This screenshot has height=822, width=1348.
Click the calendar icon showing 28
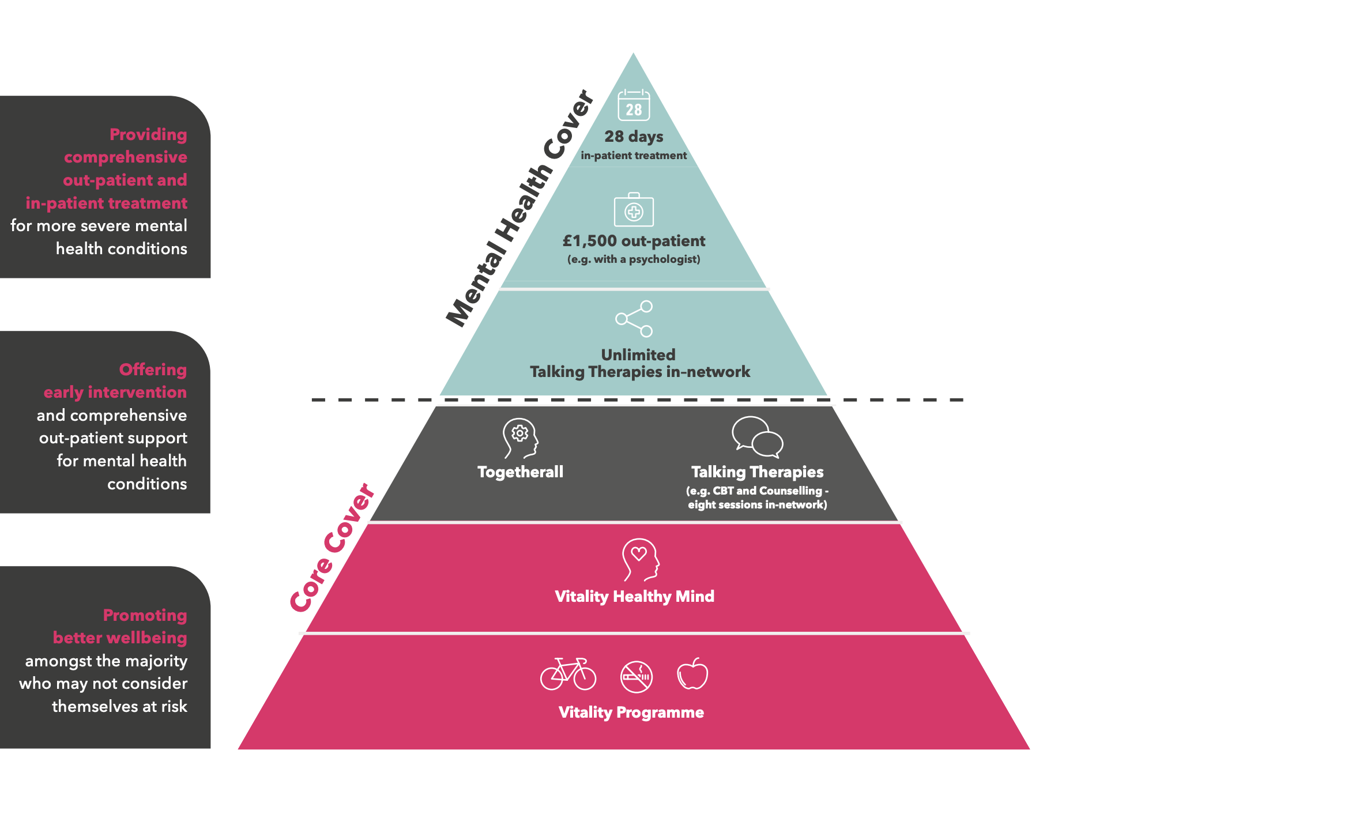tap(634, 105)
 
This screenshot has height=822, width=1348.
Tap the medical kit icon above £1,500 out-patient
tap(634, 210)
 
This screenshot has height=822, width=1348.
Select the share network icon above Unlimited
tap(634, 318)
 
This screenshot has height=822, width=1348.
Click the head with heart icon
tap(639, 559)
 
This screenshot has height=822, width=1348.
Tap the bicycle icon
tap(568, 674)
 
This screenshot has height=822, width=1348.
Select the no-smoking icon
tap(637, 677)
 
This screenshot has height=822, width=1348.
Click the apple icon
tap(692, 674)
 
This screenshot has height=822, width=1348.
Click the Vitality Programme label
tap(631, 712)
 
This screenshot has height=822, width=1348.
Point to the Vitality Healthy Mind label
tap(634, 596)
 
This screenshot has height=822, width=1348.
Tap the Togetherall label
tap(520, 472)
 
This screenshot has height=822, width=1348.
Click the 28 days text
tap(634, 137)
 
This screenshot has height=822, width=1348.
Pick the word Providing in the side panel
tap(148, 134)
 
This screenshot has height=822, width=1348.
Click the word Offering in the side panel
tap(153, 369)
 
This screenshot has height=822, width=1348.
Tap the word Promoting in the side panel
tap(145, 615)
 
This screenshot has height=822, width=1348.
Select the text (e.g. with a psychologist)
tap(634, 259)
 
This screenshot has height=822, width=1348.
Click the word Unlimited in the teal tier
tap(638, 355)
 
